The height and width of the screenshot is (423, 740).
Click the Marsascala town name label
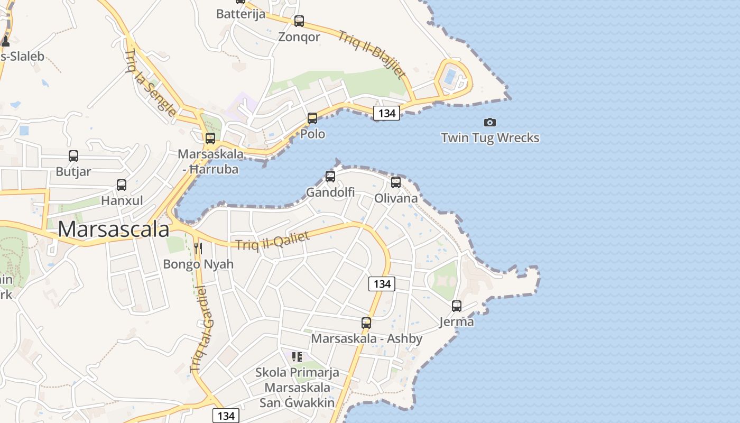[113, 229]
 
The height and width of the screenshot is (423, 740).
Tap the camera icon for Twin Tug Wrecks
[490, 123]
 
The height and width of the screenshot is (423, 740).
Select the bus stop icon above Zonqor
[299, 21]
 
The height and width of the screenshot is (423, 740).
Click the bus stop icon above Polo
[312, 118]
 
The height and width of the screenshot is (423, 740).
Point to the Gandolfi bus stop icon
[330, 177]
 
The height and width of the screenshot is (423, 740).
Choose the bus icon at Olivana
[396, 182]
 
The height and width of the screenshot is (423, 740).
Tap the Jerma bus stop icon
[457, 306]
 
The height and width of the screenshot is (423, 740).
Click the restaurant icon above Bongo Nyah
[198, 248]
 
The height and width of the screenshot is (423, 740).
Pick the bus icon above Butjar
[73, 156]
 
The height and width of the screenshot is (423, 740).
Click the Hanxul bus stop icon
[122, 185]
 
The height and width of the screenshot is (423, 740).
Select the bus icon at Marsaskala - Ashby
[366, 323]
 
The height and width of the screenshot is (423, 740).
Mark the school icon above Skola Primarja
[297, 357]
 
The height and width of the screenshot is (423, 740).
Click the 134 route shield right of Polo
[386, 113]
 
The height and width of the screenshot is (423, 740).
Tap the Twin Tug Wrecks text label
[490, 138]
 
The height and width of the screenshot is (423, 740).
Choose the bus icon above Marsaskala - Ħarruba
[210, 139]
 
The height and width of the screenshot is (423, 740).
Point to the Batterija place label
[240, 14]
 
